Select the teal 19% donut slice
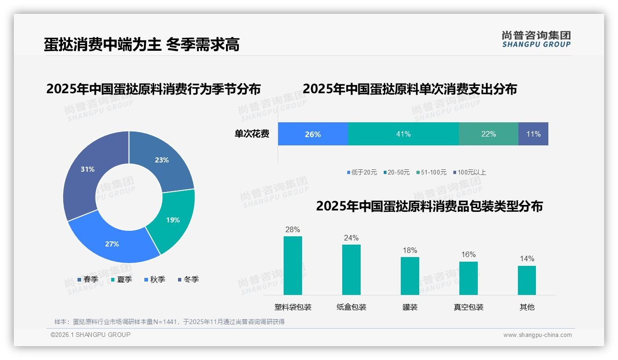tap(173, 220)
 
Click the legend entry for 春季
tap(88, 279)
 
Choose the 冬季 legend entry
tap(188, 279)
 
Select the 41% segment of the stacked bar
tap(403, 134)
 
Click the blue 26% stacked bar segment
tap(313, 134)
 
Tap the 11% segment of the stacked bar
tap(533, 134)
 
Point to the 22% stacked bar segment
tap(488, 134)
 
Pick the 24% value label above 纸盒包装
tap(351, 238)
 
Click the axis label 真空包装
tap(469, 307)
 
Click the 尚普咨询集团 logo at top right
tap(536, 39)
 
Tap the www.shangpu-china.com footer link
tap(537, 335)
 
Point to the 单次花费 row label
tap(252, 134)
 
